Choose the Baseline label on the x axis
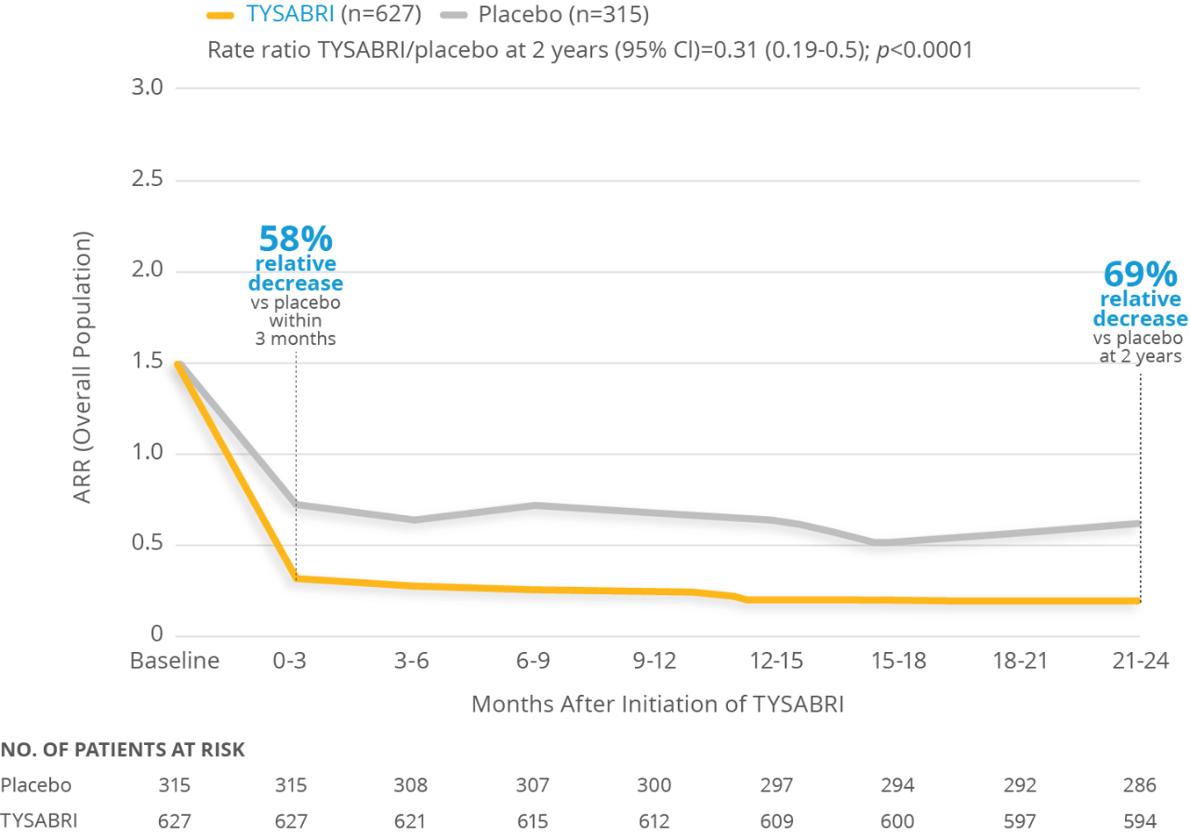click(175, 661)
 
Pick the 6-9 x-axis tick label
click(532, 661)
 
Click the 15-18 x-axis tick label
click(897, 661)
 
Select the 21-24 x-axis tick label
click(1139, 661)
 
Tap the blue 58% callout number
click(295, 239)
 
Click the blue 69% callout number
click(1139, 275)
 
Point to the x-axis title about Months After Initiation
click(657, 703)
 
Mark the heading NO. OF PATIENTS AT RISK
click(123, 751)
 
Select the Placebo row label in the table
click(36, 785)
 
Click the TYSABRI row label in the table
click(39, 821)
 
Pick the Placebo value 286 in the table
click(1139, 785)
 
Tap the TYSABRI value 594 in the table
click(1139, 821)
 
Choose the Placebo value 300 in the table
click(654, 785)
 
